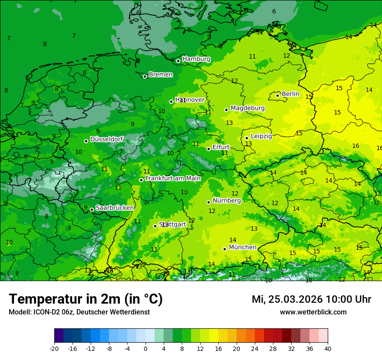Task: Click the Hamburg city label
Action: coord(196,59)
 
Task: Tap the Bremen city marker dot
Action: coord(145,76)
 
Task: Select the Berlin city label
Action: coord(290,94)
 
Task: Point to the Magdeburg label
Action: coord(247,108)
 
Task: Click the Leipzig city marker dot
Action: coord(247,138)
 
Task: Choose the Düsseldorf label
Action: coord(106,139)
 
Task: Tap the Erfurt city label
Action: coord(221,147)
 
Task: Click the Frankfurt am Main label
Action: coord(173,178)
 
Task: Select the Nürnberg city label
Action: coord(227,200)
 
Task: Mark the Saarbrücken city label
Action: coord(115,208)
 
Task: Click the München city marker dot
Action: coord(224,249)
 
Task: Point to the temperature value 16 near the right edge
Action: coord(356,146)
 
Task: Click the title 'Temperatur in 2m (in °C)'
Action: coord(86,299)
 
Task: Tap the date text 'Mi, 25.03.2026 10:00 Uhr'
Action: coord(311,299)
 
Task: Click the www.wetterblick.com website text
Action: coord(313,312)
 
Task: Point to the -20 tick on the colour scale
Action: coord(54,348)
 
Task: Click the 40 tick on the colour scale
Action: coord(327,348)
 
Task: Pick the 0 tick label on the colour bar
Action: coord(145,348)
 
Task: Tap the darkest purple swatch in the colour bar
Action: coord(59,336)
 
